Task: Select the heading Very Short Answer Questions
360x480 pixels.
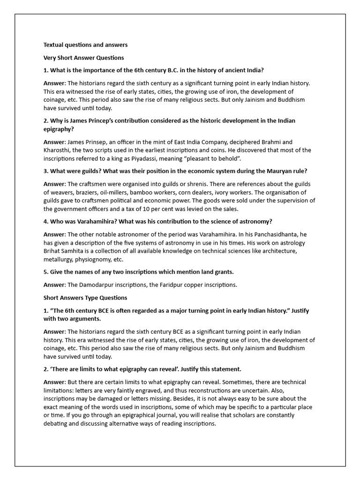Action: tap(84, 58)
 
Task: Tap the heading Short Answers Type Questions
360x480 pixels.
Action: tap(85, 298)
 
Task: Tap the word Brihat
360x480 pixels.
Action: tap(53, 251)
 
